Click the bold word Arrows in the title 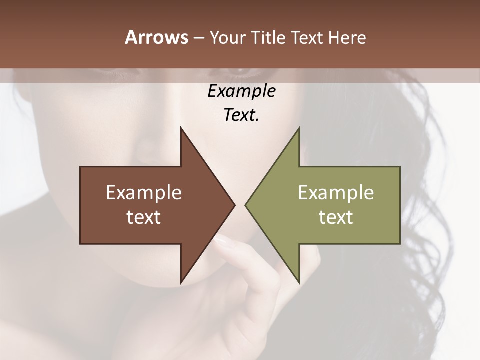(156, 37)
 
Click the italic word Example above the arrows (241, 91)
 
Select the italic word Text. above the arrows (241, 115)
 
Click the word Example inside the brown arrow (144, 192)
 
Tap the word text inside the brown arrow (144, 217)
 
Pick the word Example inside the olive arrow (336, 192)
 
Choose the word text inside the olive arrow (336, 217)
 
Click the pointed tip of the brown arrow (235, 205)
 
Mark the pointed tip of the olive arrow (245, 205)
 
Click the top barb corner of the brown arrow (181, 128)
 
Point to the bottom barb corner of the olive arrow (299, 283)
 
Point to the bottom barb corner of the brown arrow (181, 283)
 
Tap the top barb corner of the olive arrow (299, 128)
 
